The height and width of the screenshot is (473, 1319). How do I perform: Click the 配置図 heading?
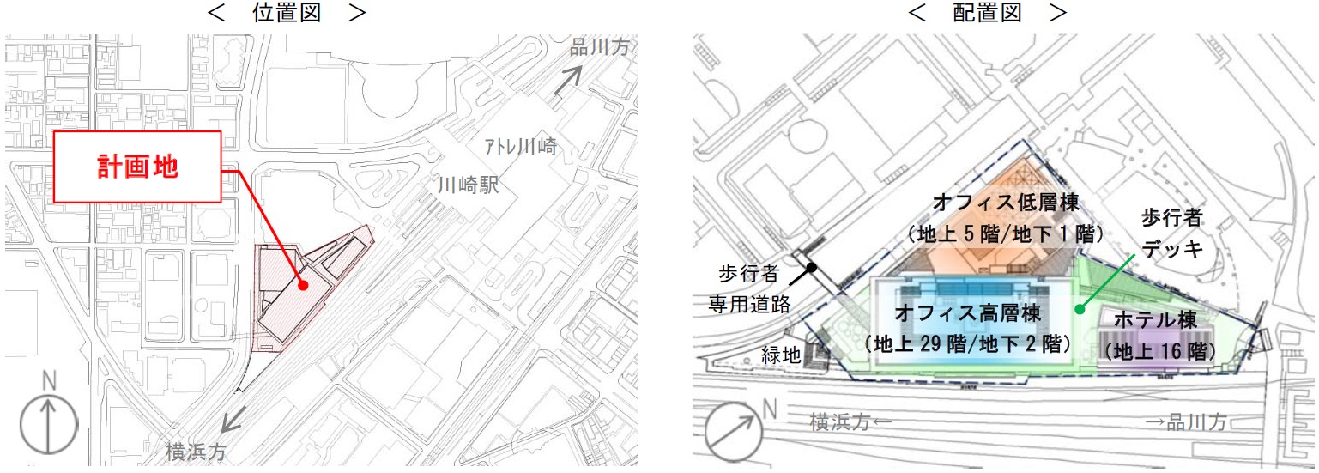click(986, 13)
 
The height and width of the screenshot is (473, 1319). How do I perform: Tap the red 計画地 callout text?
click(137, 167)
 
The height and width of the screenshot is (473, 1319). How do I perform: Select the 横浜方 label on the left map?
click(197, 451)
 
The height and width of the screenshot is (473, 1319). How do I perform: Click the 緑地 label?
click(782, 354)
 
